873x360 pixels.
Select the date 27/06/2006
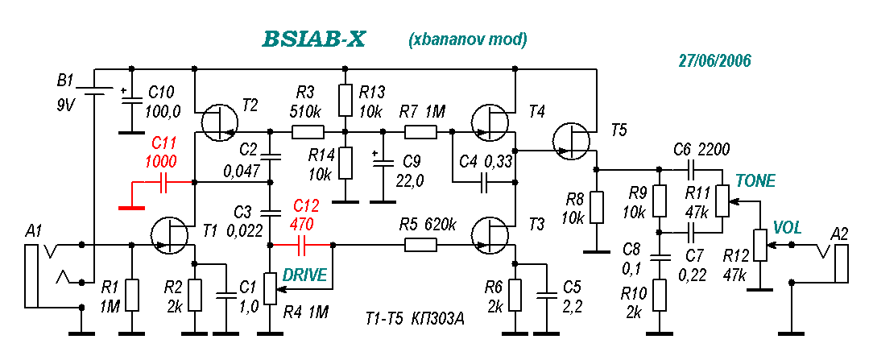tap(715, 60)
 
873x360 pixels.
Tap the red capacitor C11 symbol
tap(163, 182)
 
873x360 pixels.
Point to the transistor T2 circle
tap(218, 124)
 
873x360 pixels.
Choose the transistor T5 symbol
tap(573, 141)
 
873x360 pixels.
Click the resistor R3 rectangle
tap(308, 132)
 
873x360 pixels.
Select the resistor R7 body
tap(420, 132)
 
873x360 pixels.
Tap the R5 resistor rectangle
tap(420, 244)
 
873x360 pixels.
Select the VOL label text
tap(788, 227)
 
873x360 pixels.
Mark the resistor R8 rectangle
tap(596, 208)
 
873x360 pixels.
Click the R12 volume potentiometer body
tap(759, 244)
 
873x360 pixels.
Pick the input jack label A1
tap(33, 230)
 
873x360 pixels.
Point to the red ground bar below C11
tap(131, 208)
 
